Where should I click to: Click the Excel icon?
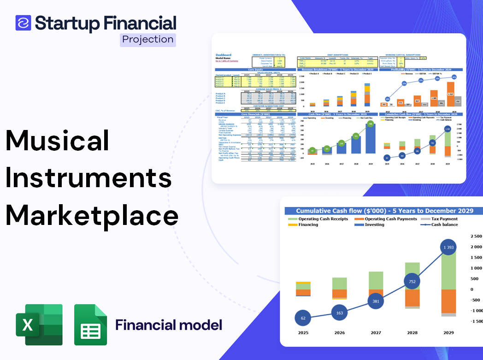point(39,325)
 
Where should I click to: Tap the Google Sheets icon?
point(91,325)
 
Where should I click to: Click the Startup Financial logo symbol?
point(23,23)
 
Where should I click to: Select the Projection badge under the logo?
point(147,39)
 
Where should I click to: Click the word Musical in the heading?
point(57,142)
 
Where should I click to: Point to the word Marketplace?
point(92,215)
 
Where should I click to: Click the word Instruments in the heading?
point(88,178)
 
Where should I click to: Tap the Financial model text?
point(169,325)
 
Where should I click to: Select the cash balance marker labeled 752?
point(412,282)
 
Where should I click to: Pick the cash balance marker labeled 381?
point(376,301)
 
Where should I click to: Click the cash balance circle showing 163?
point(339,313)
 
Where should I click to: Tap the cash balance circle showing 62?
point(303,318)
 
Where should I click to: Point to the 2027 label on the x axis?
point(376,333)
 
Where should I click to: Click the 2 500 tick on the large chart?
point(475,236)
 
